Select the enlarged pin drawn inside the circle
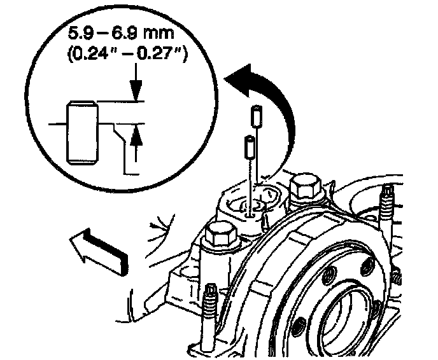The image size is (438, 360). [80, 132]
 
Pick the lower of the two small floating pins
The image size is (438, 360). [250, 147]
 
